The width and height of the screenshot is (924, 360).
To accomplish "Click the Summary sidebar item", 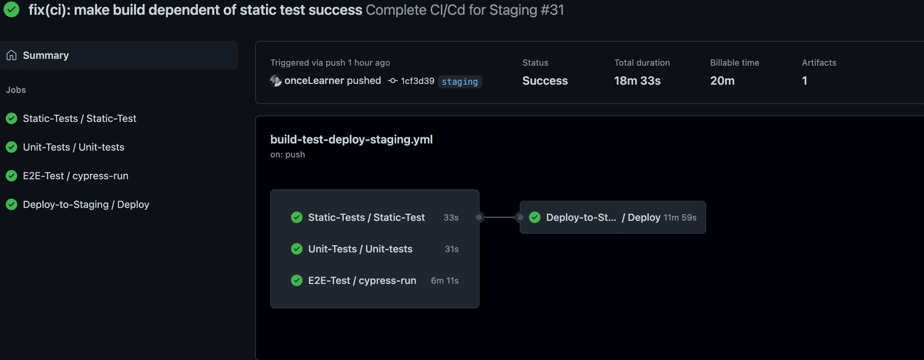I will (46, 55).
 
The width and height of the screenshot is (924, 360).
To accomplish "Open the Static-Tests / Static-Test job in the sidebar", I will (79, 118).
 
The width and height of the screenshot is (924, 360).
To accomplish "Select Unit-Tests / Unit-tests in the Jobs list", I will (73, 147).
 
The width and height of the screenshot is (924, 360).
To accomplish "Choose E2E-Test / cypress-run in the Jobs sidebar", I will (76, 176).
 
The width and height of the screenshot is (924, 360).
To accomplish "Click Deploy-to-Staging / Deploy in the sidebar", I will (86, 205).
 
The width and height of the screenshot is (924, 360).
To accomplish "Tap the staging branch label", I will (460, 82).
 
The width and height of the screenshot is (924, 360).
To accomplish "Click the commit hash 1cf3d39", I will (417, 81).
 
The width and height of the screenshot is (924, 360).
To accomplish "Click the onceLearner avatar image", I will (276, 81).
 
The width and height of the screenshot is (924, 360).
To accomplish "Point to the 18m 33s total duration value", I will (637, 81).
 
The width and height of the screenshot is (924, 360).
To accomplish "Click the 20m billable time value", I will (722, 81).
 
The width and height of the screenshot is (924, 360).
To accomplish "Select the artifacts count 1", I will (804, 81).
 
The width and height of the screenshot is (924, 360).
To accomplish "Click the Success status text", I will (545, 81).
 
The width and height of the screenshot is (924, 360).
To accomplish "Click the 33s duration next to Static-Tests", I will (451, 218).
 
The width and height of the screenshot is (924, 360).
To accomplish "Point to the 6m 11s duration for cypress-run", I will (445, 281).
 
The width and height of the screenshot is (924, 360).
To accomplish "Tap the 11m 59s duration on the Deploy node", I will (680, 218).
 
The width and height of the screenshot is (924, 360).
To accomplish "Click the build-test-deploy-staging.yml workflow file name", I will (351, 140).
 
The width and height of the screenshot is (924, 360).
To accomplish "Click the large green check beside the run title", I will (12, 10).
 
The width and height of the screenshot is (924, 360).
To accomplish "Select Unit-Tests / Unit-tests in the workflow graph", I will (360, 249).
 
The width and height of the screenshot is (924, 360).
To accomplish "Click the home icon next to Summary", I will (12, 55).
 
